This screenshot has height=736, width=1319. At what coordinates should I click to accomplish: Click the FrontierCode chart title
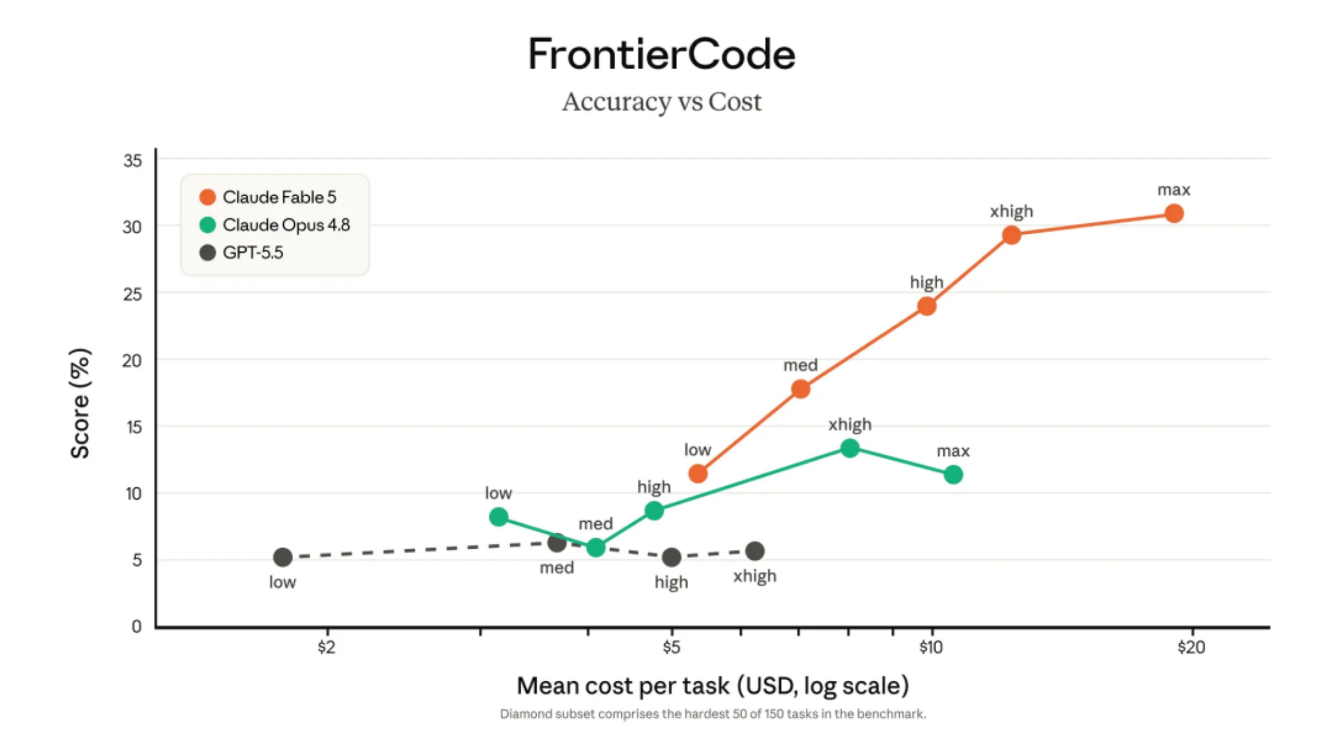(x=662, y=54)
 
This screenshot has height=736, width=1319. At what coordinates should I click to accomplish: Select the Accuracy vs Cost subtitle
(x=662, y=102)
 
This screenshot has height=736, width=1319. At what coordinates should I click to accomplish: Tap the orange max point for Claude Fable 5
(x=1174, y=213)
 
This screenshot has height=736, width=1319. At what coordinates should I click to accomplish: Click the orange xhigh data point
(x=1011, y=235)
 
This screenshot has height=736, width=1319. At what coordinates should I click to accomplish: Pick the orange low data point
(x=698, y=473)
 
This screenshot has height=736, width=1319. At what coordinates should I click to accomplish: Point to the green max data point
(x=953, y=475)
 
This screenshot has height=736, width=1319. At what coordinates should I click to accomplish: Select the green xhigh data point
(x=850, y=448)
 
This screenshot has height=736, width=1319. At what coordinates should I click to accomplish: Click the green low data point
(x=499, y=517)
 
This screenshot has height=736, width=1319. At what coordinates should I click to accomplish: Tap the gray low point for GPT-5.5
(x=282, y=557)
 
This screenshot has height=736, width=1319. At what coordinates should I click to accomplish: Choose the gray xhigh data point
(x=755, y=551)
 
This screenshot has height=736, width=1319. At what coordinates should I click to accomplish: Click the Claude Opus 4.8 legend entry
(x=275, y=225)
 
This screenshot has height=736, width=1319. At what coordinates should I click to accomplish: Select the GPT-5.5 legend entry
(x=241, y=253)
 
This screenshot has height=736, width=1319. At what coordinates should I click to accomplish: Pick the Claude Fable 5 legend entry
(x=268, y=197)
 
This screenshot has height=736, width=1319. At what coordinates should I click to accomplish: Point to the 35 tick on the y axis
(x=133, y=160)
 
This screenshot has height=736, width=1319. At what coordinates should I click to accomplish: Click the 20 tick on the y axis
(x=132, y=361)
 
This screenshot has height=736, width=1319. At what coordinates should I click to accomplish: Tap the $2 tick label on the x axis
(x=327, y=647)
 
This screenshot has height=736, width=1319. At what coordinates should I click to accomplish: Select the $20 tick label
(x=1192, y=647)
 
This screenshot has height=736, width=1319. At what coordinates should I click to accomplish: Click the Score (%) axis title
(x=80, y=403)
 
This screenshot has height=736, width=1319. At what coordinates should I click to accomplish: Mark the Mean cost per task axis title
(x=713, y=686)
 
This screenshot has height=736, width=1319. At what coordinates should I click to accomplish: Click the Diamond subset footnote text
(x=713, y=714)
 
